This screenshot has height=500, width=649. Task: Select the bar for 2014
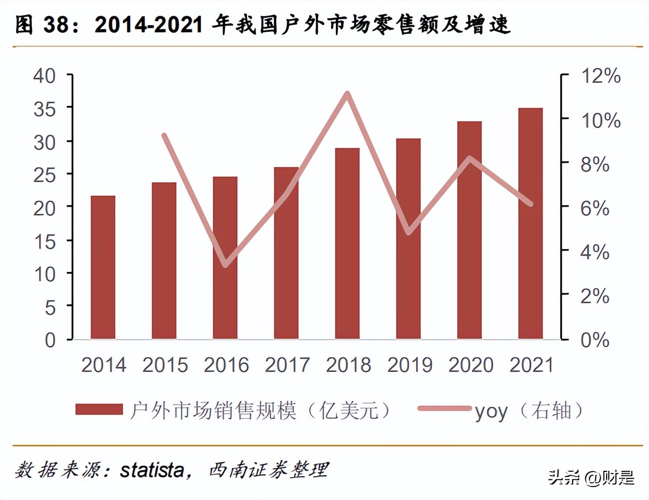pos(103,267)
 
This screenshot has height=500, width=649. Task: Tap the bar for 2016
pos(225,258)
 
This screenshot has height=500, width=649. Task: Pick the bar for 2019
pos(408,239)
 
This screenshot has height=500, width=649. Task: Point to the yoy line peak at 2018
pos(347,94)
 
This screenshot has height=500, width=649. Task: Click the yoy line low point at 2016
pos(226,265)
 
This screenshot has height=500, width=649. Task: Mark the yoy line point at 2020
pos(470,159)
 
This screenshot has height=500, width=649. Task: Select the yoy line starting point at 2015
pos(164,136)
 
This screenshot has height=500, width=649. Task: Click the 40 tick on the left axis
pos(44,76)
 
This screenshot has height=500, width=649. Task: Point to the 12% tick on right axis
pos(600,76)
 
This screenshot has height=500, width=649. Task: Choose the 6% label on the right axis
pos(595,208)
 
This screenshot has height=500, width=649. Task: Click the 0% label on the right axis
pos(595,340)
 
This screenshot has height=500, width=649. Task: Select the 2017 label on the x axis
pos(287,365)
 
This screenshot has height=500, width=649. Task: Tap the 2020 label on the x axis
pos(471,365)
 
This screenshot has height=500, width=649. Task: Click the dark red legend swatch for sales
pos(99,409)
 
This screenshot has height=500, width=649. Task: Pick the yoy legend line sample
pos(444,408)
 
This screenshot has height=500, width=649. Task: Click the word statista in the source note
pos(152,470)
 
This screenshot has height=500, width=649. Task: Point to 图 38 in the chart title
pos(42,25)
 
